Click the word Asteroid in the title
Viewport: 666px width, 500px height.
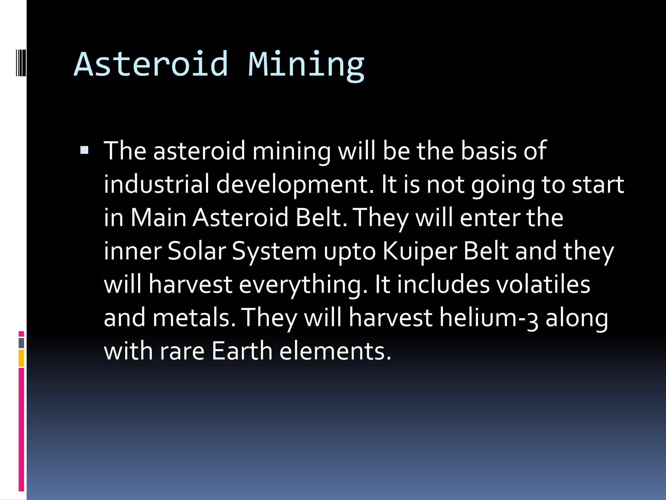pyautogui.click(x=151, y=64)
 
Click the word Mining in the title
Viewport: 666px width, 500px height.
pyautogui.click(x=306, y=64)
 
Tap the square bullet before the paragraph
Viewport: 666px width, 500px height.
pyautogui.click(x=84, y=150)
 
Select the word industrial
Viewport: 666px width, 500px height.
pyautogui.click(x=156, y=184)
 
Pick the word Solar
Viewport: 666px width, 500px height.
pyautogui.click(x=197, y=251)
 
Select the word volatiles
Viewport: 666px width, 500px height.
pyautogui.click(x=540, y=284)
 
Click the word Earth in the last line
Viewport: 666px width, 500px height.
pyautogui.click(x=242, y=351)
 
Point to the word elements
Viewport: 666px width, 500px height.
pyautogui.click(x=335, y=351)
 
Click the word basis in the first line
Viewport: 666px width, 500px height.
pyautogui.click(x=488, y=151)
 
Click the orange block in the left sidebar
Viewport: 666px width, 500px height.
pyautogui.click(x=21, y=358)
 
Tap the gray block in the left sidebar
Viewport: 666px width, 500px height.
pyautogui.click(x=21, y=343)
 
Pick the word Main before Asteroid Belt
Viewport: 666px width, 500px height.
pyautogui.click(x=159, y=217)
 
